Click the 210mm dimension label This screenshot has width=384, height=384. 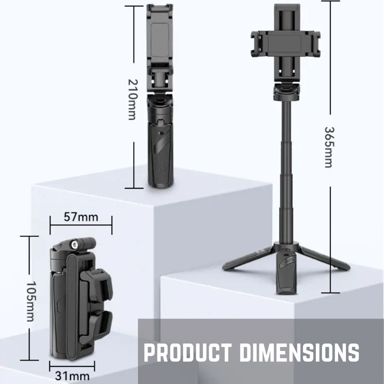(x=133, y=100)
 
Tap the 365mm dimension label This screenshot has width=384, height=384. (x=329, y=147)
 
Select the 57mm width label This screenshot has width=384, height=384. (x=81, y=217)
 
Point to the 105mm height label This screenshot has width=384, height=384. (x=31, y=301)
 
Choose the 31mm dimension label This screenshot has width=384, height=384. (x=72, y=376)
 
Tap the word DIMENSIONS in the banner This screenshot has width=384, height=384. (x=299, y=353)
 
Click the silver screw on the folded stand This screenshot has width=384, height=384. (x=74, y=244)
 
